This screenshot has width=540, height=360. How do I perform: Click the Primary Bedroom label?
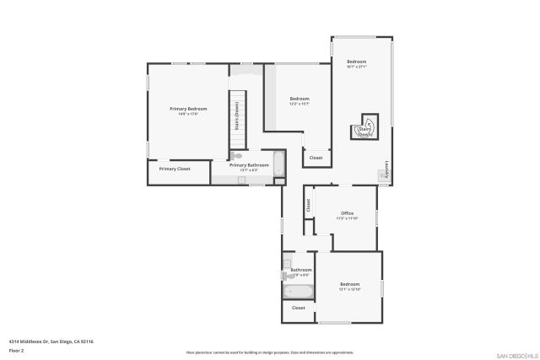point(188,109)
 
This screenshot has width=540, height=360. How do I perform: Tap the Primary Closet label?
point(175,169)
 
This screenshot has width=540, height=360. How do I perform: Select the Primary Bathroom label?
point(249,164)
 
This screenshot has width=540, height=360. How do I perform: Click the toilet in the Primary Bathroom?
point(237,156)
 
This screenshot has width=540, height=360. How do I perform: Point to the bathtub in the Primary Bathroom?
point(281,164)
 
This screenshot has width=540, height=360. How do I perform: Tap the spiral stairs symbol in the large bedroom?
point(366,126)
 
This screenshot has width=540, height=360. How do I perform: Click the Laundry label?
point(386,169)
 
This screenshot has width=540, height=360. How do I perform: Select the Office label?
point(347,212)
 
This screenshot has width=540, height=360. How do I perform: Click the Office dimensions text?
point(347,218)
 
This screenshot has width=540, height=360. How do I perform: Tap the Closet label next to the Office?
point(309,204)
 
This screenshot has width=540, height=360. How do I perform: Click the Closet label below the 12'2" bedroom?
point(316,158)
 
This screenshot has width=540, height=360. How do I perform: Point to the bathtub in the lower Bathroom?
point(299,291)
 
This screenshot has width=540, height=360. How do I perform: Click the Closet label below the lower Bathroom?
point(299,308)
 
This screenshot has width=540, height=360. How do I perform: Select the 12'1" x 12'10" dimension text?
point(349,289)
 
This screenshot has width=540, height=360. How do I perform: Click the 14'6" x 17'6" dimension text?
point(188,114)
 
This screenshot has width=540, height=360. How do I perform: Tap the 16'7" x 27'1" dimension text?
point(357,67)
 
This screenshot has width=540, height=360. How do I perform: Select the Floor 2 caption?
point(16,350)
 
